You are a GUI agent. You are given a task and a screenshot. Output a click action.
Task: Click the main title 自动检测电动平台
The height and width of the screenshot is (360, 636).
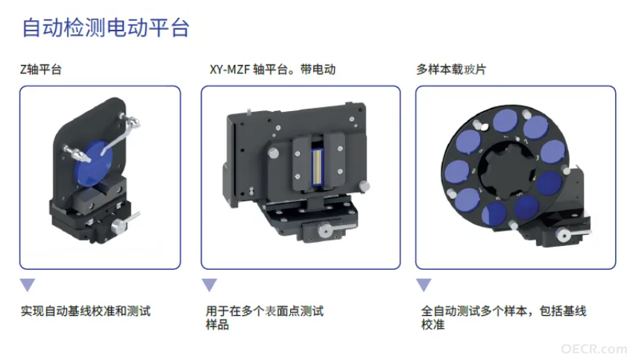(105, 28)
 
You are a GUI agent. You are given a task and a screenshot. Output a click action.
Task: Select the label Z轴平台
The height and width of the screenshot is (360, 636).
(41, 69)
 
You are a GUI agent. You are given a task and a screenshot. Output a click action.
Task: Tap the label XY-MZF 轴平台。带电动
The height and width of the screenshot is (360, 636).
(273, 69)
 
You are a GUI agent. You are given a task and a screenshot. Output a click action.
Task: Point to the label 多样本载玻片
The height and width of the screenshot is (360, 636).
(450, 69)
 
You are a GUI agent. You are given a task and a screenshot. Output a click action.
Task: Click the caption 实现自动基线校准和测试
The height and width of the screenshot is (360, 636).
(86, 311)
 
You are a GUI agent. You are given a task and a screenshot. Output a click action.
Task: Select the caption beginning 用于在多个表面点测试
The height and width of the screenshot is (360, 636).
(265, 318)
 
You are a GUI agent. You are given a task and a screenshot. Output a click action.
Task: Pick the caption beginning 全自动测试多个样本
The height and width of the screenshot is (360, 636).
(504, 318)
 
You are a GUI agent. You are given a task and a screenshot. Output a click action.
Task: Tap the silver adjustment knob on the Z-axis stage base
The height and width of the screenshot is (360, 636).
(122, 224)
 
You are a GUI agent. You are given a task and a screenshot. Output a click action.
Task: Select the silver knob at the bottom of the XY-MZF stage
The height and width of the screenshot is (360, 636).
(324, 231)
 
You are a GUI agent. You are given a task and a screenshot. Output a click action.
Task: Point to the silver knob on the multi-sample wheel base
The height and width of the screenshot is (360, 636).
(563, 236)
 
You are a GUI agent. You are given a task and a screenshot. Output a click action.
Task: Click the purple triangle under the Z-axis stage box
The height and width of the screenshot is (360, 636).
(28, 285)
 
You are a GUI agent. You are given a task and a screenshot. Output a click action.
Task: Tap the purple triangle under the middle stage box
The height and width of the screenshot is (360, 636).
(210, 285)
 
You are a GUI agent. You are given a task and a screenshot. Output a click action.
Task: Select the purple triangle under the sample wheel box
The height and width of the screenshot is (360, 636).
(424, 285)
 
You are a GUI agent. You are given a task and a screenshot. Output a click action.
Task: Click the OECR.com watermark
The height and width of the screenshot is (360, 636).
(594, 349)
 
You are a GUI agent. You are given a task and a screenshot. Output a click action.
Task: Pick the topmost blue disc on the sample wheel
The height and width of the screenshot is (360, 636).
(506, 121)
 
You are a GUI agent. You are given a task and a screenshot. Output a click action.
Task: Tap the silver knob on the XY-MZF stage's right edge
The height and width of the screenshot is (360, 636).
(365, 186)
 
